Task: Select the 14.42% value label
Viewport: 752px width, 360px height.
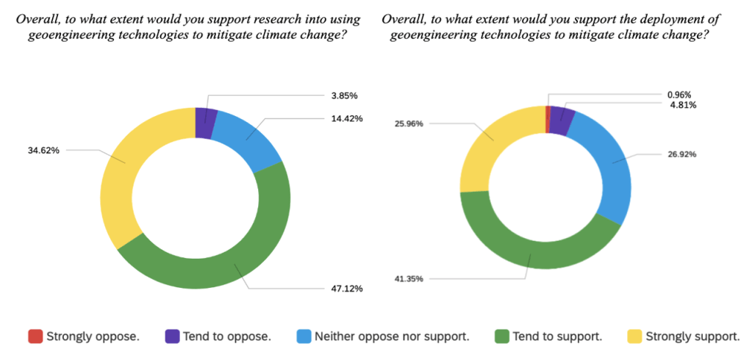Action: point(346,118)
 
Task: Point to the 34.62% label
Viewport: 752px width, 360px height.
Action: point(43,150)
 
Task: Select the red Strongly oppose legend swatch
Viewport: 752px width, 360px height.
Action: point(35,336)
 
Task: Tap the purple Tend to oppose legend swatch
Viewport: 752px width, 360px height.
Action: point(172,336)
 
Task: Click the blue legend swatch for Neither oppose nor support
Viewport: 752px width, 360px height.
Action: point(303,336)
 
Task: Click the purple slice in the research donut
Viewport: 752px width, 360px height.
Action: point(206,123)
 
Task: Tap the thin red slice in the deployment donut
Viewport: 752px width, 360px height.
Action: point(548,120)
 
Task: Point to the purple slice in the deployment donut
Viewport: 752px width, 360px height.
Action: point(561,120)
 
